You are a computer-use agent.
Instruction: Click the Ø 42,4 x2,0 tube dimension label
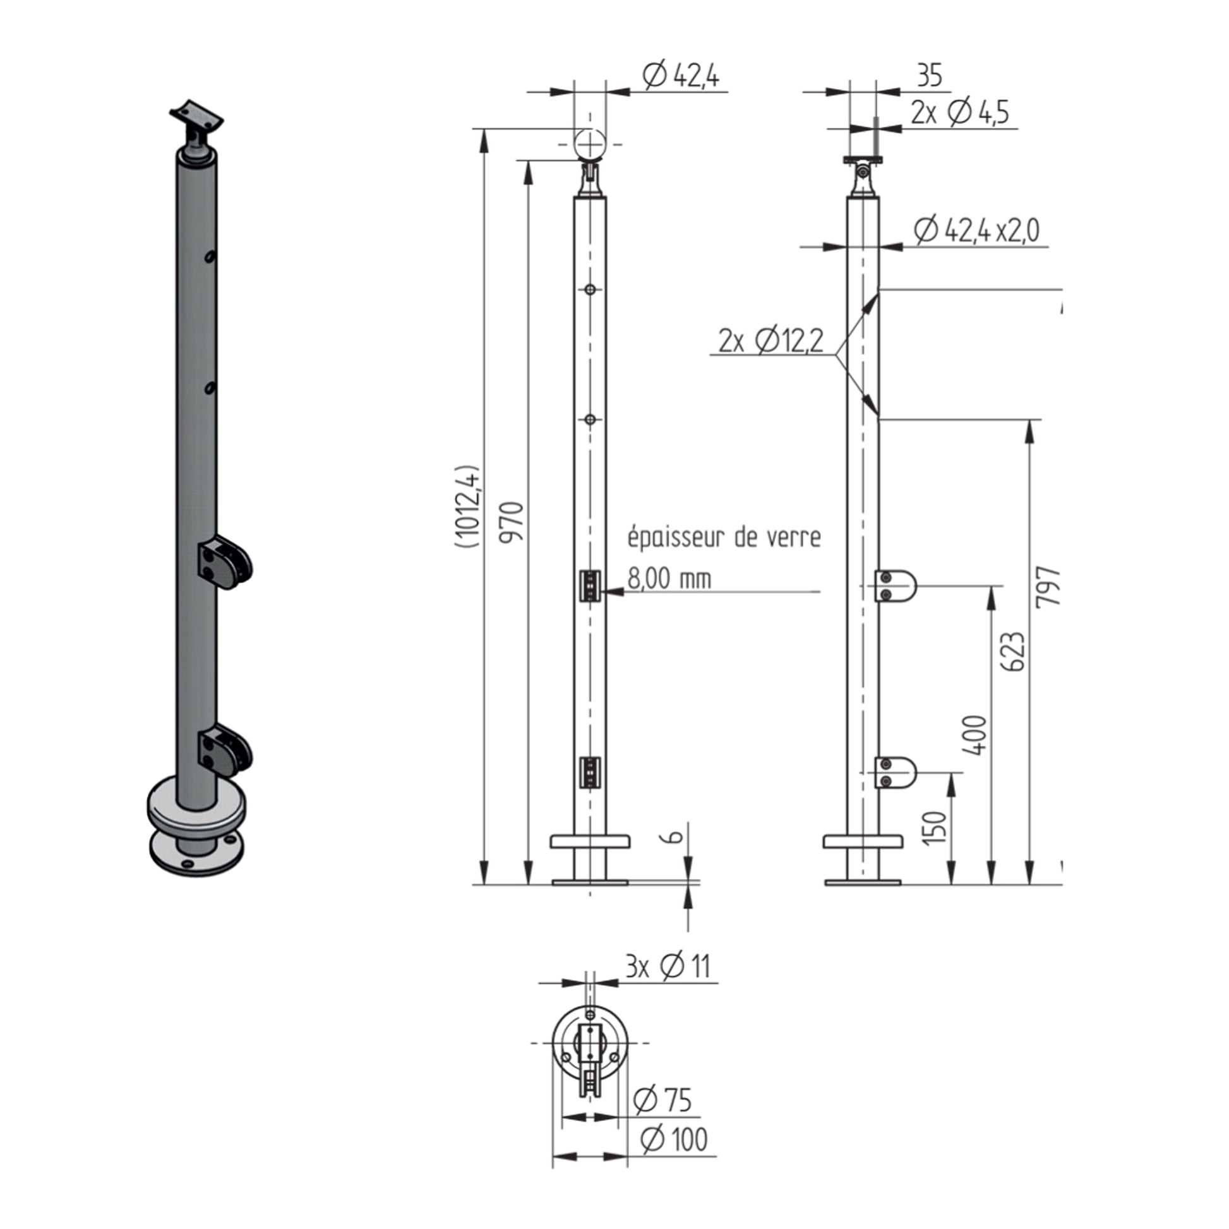[x=976, y=231]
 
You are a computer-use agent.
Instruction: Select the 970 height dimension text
[x=511, y=522]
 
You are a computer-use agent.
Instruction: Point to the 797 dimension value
[x=1048, y=586]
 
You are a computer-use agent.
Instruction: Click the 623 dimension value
[x=1012, y=651]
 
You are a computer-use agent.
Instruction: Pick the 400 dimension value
[x=975, y=735]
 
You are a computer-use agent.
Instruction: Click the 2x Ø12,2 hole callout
[x=770, y=342]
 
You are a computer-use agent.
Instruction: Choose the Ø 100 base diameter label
[x=674, y=1139]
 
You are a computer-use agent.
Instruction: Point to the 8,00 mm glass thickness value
[x=669, y=579]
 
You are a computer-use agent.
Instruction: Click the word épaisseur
[x=676, y=538]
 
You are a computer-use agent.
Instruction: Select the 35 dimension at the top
[x=930, y=76]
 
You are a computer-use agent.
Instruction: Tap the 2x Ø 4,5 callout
[x=960, y=112]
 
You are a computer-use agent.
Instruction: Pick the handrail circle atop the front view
[x=590, y=145]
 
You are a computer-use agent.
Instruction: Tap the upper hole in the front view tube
[x=590, y=289]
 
